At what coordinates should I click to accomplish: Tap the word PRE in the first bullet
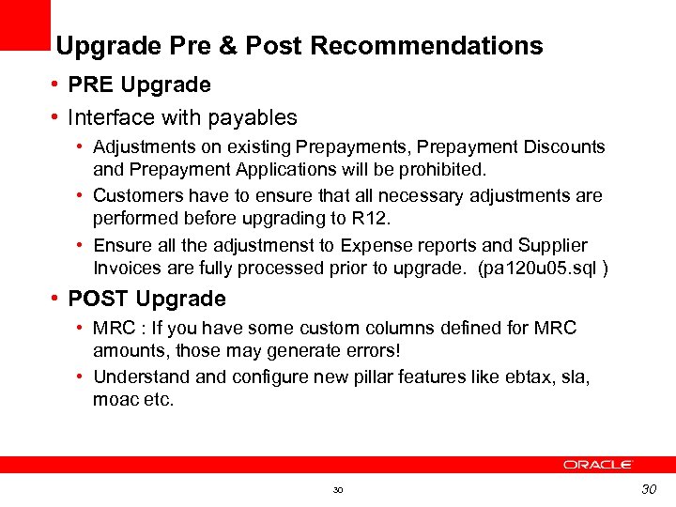90,85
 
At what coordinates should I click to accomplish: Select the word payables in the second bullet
253,118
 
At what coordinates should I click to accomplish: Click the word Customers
139,196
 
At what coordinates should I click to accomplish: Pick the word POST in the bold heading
99,300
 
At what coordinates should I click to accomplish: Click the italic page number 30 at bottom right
649,488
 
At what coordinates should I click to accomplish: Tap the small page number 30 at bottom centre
338,490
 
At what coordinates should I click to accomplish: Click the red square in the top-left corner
24,24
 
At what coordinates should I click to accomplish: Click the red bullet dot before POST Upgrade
57,300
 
